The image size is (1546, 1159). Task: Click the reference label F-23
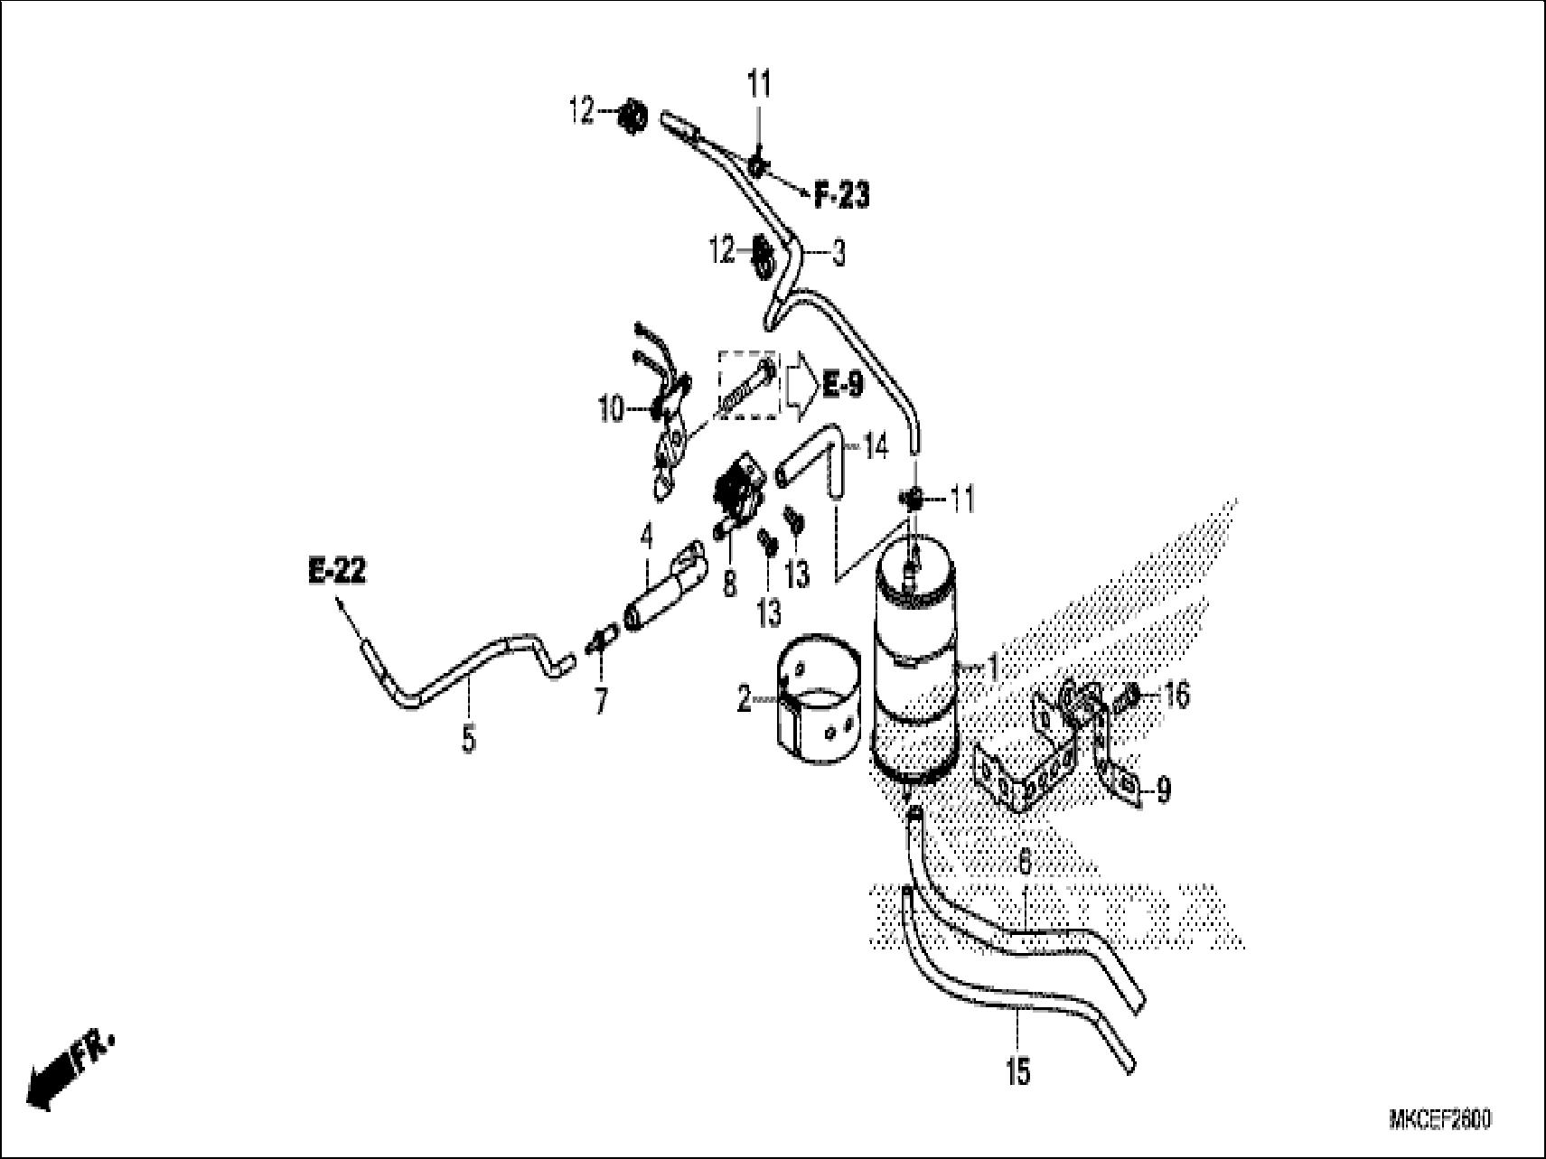click(x=841, y=196)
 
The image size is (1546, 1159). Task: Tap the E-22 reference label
click(x=337, y=572)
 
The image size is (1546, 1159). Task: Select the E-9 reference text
click(x=842, y=386)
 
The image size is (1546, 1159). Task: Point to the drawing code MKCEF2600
click(x=1439, y=1120)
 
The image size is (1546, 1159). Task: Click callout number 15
click(x=1017, y=1073)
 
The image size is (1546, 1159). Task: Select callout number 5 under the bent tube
click(x=468, y=740)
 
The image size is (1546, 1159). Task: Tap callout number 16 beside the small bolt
click(x=1176, y=695)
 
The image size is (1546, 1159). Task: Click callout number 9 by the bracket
click(x=1163, y=790)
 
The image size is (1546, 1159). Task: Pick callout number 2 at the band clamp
click(x=744, y=699)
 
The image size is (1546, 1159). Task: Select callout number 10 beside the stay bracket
click(x=612, y=410)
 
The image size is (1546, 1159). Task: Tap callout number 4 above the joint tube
click(x=645, y=537)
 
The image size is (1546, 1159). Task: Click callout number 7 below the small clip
click(x=601, y=700)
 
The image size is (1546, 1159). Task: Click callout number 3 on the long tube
click(x=839, y=255)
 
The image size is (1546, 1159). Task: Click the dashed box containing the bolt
click(x=747, y=384)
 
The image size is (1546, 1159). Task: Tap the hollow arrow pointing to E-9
click(x=800, y=386)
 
